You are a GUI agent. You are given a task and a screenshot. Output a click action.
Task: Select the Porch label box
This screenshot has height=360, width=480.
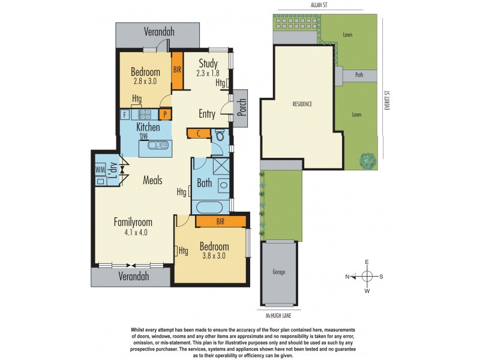[x=241, y=108]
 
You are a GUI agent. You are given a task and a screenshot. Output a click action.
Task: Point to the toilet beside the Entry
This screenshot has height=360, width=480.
[x=219, y=136]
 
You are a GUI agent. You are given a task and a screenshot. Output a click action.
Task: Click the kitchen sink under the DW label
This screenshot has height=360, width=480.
[x=160, y=145]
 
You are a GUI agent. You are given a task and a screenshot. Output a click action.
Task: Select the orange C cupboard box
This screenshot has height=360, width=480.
[x=198, y=133]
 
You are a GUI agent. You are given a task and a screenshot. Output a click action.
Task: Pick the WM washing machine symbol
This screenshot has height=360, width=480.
[x=99, y=170]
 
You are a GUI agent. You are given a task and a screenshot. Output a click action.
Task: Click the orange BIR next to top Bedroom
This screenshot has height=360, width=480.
[x=177, y=70]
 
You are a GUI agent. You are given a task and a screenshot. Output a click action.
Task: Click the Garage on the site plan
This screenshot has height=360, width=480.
[x=279, y=272]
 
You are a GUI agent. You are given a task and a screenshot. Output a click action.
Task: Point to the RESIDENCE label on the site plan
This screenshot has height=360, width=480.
[x=302, y=104]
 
